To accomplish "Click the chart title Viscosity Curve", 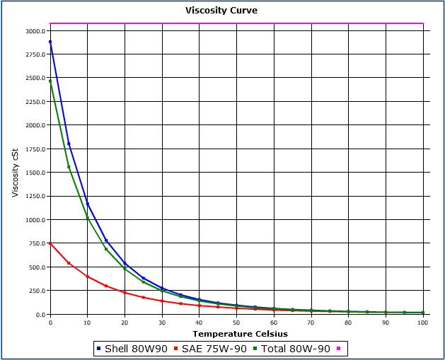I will [221, 11].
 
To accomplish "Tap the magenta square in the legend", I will [340, 349].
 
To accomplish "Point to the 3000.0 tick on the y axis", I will [35, 31].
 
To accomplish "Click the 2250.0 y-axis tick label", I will [35, 79].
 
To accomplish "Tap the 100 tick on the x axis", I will [423, 323].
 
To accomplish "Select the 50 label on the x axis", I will [236, 323].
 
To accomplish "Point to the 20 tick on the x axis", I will [125, 323].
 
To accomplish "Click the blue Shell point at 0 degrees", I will [50, 42].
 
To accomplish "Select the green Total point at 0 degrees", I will [50, 81].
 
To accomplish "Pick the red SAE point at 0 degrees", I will [50, 243].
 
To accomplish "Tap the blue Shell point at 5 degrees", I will [69, 144].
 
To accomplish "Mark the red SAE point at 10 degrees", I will [88, 277].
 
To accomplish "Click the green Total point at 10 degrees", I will [88, 219].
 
